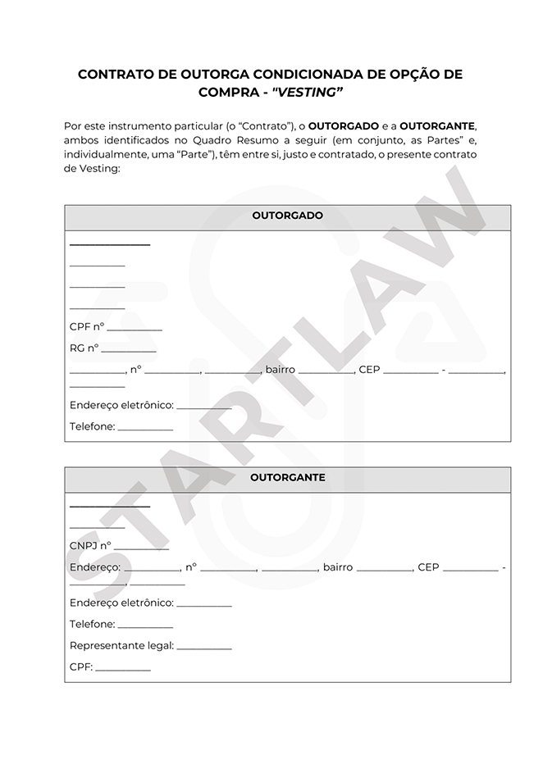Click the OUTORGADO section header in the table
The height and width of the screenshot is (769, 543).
click(x=287, y=216)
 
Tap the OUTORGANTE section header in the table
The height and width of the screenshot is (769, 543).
click(x=287, y=477)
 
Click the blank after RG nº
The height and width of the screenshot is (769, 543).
click(x=129, y=348)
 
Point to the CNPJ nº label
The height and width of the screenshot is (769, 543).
click(x=90, y=545)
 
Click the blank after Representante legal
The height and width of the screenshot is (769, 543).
click(x=204, y=646)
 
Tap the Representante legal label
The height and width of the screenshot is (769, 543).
click(x=121, y=646)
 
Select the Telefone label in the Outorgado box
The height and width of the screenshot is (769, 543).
click(x=92, y=426)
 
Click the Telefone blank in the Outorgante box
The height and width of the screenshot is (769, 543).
click(x=145, y=625)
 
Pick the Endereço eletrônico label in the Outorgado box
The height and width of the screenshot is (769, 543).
click(x=121, y=405)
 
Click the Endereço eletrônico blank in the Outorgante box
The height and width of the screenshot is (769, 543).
click(x=204, y=603)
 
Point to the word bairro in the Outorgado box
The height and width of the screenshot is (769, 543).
click(x=280, y=370)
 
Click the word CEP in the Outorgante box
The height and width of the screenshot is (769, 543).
click(x=428, y=567)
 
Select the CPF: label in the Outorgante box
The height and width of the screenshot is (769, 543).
click(x=81, y=667)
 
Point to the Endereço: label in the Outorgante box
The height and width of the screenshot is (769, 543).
click(x=95, y=567)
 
